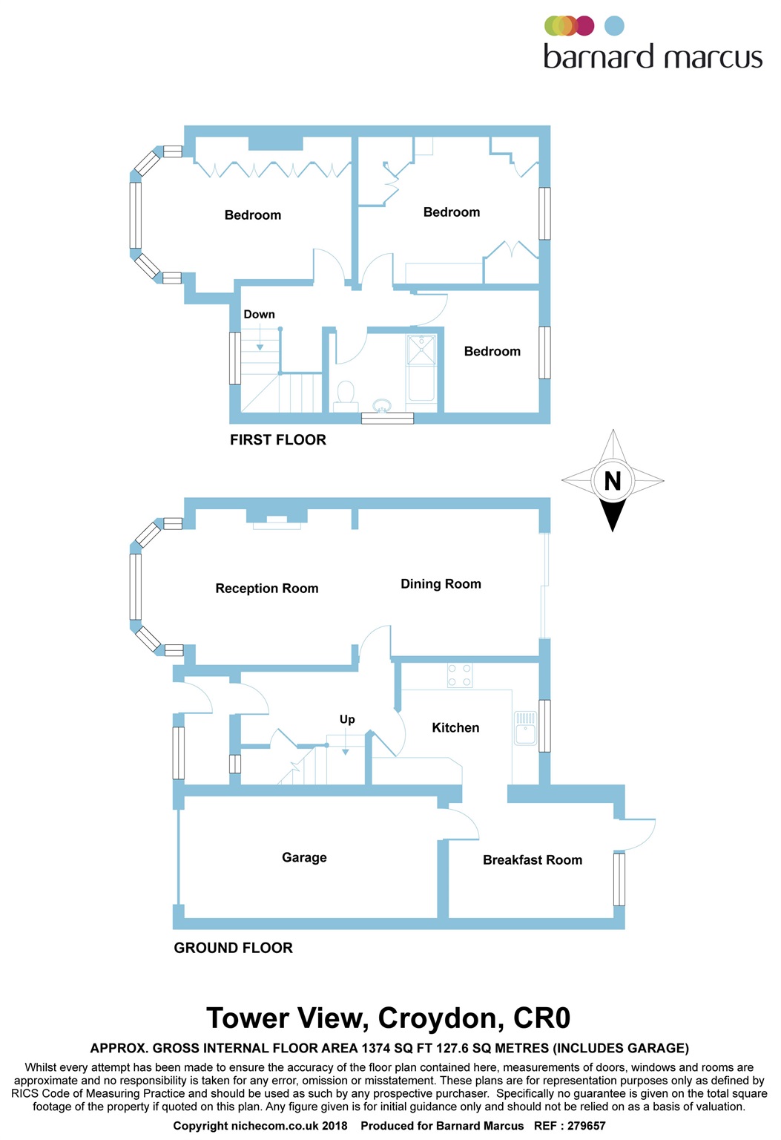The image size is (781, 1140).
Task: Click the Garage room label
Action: point(304,857)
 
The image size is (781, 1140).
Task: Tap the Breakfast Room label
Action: point(532,859)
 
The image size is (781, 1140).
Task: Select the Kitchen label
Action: point(455,727)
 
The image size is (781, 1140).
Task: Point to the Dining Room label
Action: point(441,583)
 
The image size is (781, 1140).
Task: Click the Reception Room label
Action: point(266,588)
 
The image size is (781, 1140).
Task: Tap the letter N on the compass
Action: point(613,481)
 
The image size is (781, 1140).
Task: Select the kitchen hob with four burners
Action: point(459,675)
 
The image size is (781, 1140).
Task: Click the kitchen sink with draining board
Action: point(525,728)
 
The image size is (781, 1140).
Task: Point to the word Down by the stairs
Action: point(259,314)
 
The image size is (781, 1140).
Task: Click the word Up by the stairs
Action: point(347,719)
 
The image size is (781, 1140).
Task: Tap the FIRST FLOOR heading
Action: point(277,439)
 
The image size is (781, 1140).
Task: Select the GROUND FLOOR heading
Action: point(233,947)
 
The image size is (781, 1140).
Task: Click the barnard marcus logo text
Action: point(653,57)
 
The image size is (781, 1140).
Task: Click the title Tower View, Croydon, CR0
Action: point(389,1018)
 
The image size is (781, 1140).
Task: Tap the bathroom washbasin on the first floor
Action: point(382,405)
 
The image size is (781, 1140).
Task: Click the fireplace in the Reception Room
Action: point(277,520)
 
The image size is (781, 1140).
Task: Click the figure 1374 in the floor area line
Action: point(376,1048)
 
